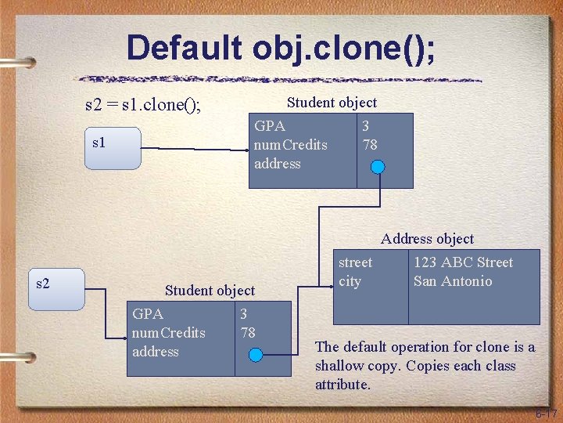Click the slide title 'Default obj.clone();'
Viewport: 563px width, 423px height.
pos(281,48)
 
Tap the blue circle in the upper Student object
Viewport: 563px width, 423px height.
pos(378,168)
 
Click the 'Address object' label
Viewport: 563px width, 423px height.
pos(427,239)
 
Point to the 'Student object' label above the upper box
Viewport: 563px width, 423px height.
pos(332,103)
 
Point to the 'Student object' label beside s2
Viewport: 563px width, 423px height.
pos(210,291)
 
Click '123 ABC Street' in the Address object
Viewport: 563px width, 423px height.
pos(463,262)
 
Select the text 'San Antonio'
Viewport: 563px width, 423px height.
pos(453,281)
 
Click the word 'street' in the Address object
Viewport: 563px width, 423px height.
pos(355,262)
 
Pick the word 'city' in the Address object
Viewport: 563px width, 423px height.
pos(350,281)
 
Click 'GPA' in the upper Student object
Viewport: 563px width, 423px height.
pos(270,126)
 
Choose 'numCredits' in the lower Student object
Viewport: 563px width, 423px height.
pos(169,333)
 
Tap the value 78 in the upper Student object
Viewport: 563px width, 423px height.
pos(370,145)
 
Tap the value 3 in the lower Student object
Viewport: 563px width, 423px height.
pos(244,314)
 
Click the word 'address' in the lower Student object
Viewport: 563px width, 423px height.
pos(156,352)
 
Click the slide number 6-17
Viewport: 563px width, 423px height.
pos(545,414)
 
